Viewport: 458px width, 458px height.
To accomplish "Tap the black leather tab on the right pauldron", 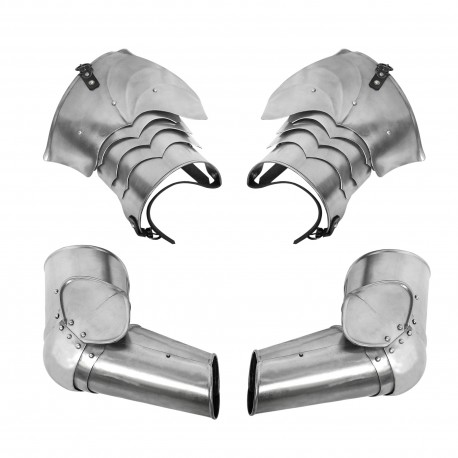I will tap(381, 71).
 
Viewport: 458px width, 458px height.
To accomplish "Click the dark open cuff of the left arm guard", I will tap(209, 381).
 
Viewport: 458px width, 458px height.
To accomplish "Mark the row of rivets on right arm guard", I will tap(394, 330).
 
